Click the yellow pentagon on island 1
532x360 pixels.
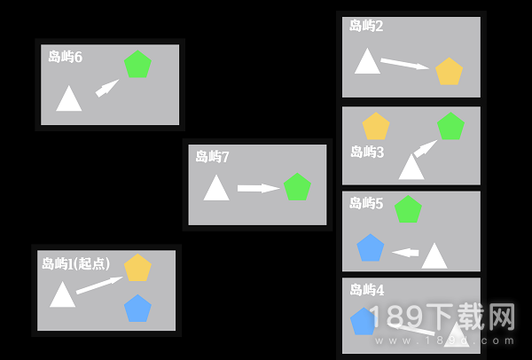point(137,268)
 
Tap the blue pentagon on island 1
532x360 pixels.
point(137,309)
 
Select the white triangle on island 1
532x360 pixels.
point(62,294)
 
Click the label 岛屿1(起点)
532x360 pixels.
point(76,263)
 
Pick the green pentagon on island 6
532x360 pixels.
point(137,64)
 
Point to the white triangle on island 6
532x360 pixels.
point(69,98)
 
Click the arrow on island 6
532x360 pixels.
point(107,88)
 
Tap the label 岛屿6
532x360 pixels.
point(65,57)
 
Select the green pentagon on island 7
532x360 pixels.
point(297,187)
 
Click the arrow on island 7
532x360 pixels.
point(259,188)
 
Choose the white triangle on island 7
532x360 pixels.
point(216,188)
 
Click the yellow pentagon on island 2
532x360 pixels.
point(450,71)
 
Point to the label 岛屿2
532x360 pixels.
point(366,26)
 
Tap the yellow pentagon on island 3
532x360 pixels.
point(376,126)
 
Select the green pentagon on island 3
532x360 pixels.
point(450,126)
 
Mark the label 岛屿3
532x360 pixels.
point(367,152)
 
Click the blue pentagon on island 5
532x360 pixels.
point(371,247)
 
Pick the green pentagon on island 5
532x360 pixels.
point(408,209)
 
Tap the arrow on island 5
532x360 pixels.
point(405,253)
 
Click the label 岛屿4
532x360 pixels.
point(367,290)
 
